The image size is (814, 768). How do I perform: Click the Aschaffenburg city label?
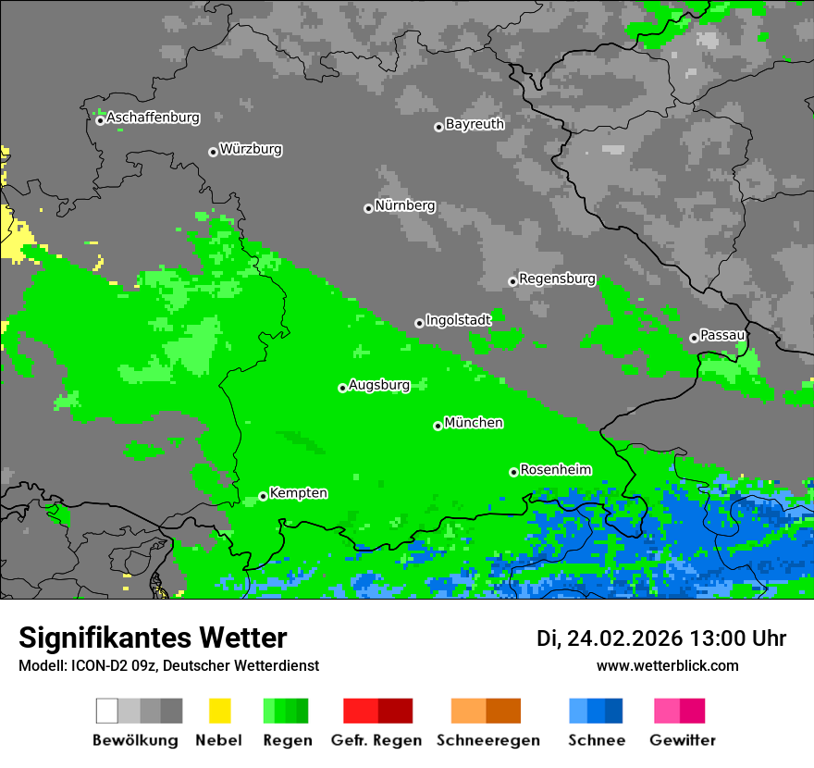(x=153, y=118)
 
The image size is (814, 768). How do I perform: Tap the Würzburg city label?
(x=251, y=149)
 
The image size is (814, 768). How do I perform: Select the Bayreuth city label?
(x=475, y=124)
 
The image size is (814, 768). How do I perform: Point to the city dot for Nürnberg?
(x=368, y=208)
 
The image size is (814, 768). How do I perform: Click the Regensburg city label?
(x=557, y=279)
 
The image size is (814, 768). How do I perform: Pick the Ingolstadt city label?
(x=458, y=320)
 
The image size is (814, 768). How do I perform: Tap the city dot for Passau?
(x=694, y=338)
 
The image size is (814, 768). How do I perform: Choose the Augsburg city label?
(x=379, y=385)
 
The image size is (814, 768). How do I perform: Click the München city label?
(x=474, y=423)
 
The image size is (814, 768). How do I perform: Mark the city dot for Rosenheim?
(x=513, y=472)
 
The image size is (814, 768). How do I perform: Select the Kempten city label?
(x=298, y=493)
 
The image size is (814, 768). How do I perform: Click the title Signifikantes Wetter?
(x=153, y=638)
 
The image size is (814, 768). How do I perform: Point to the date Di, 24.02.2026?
(x=610, y=638)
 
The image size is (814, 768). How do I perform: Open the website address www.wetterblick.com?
(x=667, y=665)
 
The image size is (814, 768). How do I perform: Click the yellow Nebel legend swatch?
(x=219, y=711)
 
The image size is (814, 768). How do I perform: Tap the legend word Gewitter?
(x=683, y=740)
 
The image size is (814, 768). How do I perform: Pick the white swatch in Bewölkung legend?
(x=106, y=711)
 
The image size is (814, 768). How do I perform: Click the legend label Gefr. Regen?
(x=376, y=740)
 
